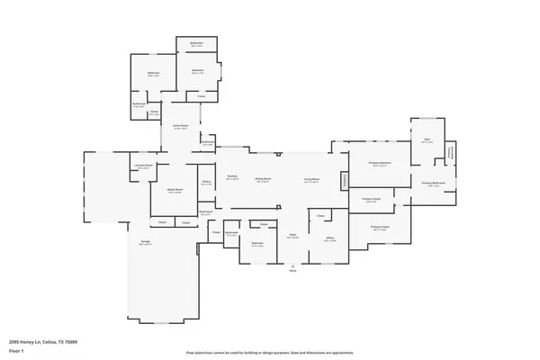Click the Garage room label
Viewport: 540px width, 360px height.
[145, 244]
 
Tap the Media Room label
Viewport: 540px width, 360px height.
[175, 190]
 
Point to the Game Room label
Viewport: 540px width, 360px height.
[180, 126]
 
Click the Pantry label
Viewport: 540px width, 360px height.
[206, 182]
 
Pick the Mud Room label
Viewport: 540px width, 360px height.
[206, 213]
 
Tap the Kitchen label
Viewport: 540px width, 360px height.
[232, 177]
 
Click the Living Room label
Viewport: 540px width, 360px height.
[311, 178]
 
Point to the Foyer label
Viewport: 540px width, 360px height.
[292, 236]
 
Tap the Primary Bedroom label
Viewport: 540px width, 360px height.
[380, 163]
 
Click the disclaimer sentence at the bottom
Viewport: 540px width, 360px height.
[269, 353]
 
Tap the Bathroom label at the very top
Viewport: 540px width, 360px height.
[196, 43]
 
